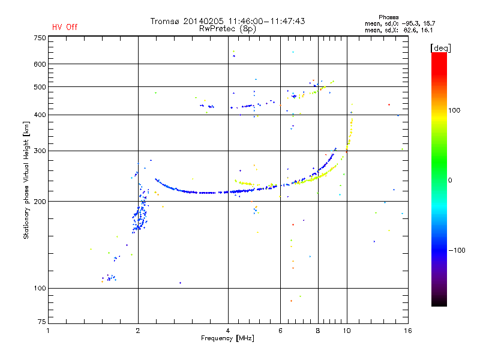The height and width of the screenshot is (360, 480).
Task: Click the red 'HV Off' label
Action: (x=64, y=27)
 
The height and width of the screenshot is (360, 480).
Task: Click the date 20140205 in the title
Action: (x=203, y=21)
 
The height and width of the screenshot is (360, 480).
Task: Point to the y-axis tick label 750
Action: (x=40, y=38)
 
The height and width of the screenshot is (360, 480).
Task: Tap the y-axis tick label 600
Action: (x=40, y=64)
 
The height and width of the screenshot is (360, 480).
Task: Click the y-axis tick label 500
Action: (x=40, y=87)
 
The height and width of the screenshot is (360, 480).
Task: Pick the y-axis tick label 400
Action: (x=40, y=115)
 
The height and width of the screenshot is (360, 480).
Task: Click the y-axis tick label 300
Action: (x=40, y=151)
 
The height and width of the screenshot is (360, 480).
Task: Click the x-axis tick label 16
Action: (x=407, y=331)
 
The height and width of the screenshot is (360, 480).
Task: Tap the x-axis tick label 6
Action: (x=280, y=331)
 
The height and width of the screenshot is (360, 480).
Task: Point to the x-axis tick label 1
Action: (x=48, y=331)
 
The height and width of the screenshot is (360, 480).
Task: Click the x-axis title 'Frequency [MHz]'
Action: (x=227, y=338)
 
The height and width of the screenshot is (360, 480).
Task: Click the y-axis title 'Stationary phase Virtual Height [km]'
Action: (x=26, y=181)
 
